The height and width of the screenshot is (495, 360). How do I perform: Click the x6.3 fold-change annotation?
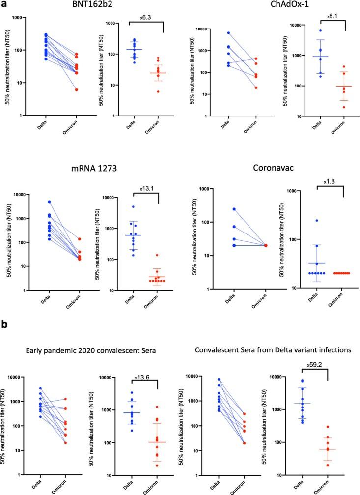point(144,17)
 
